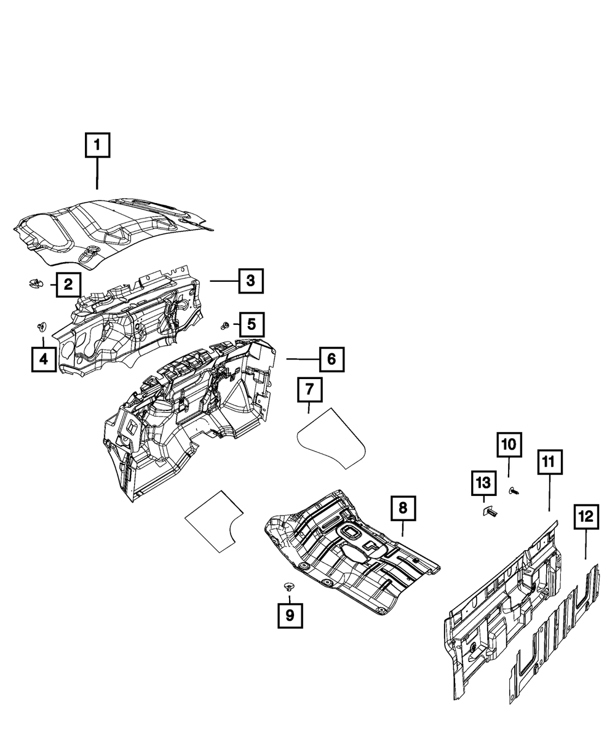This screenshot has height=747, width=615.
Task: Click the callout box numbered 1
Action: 97,147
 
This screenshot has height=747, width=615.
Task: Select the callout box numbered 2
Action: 68,284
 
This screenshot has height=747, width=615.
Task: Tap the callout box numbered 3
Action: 250,281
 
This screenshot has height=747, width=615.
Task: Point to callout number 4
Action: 44,359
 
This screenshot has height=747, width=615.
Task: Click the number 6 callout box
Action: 331,359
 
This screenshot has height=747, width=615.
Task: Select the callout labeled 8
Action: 403,508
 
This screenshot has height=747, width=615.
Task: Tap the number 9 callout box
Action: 290,614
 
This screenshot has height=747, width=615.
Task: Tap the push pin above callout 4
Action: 42,326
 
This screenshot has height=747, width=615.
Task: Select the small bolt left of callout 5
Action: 226,324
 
